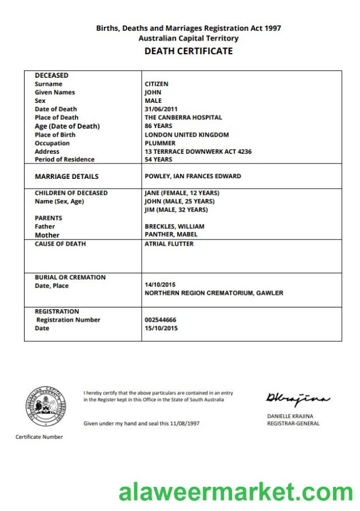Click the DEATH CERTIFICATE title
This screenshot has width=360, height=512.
click(x=188, y=51)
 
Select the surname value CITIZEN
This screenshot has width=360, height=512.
click(x=157, y=84)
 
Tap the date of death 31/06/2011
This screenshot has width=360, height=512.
click(x=162, y=109)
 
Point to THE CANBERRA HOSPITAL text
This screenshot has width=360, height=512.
click(x=183, y=118)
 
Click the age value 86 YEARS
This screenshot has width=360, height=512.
click(x=158, y=126)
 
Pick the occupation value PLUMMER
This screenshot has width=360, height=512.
click(x=160, y=143)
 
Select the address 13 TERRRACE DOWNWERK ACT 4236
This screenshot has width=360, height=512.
click(x=198, y=151)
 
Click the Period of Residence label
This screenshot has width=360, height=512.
click(x=65, y=159)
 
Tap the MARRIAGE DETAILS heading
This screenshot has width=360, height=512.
click(x=66, y=177)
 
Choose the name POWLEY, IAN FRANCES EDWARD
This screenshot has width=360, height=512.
click(x=193, y=176)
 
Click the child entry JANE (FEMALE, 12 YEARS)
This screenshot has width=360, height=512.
click(x=182, y=193)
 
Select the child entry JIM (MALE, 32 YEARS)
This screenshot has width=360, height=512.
click(x=176, y=210)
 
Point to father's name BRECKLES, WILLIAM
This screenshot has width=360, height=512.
click(x=174, y=226)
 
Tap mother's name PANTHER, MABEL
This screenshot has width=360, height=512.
click(x=171, y=235)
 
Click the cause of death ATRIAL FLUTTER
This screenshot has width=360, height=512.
click(x=169, y=244)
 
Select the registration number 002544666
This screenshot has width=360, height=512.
click(x=160, y=320)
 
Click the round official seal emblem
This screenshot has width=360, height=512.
click(x=45, y=406)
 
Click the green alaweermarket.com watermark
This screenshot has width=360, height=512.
click(x=236, y=492)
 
